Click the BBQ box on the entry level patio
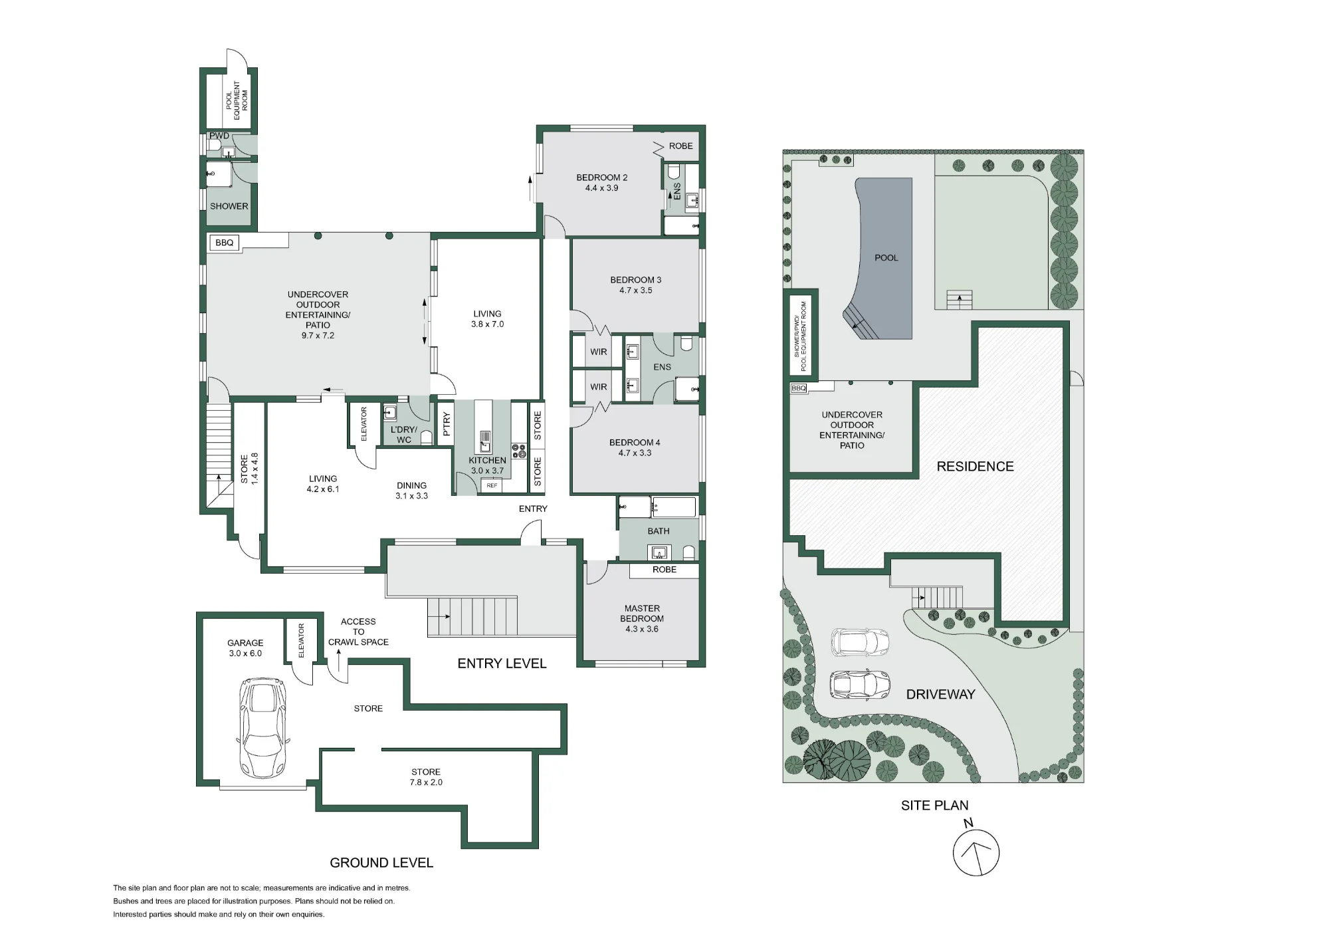click(225, 243)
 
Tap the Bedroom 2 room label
click(602, 177)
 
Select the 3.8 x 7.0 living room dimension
click(488, 324)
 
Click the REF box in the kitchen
click(492, 486)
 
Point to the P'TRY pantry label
click(447, 424)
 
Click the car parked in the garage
click(264, 728)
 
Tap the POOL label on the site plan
click(886, 258)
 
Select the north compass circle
click(976, 853)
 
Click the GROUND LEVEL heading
click(381, 863)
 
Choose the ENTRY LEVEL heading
click(502, 663)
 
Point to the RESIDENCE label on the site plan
click(975, 467)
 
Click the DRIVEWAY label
click(941, 694)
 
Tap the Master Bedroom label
click(642, 614)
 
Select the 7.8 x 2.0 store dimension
click(426, 782)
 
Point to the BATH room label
click(659, 531)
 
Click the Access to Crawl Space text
click(358, 632)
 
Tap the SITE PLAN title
click(935, 806)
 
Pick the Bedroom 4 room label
click(635, 443)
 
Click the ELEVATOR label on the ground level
click(301, 641)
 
